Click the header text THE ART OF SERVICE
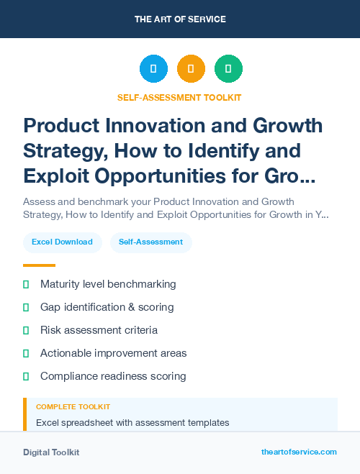(180, 19)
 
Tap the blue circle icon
(153, 69)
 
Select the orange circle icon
(191, 69)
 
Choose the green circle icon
(228, 69)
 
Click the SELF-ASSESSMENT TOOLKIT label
(180, 97)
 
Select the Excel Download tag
(62, 242)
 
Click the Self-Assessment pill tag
(151, 242)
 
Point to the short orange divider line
(39, 265)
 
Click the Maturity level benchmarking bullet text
(108, 284)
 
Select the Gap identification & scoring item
(107, 307)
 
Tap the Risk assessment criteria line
(99, 330)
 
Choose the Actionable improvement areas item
(113, 353)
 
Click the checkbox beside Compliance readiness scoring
(26, 376)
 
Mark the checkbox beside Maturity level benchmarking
(26, 284)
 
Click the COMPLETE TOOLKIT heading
(73, 407)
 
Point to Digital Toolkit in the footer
(51, 452)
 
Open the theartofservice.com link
(299, 452)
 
